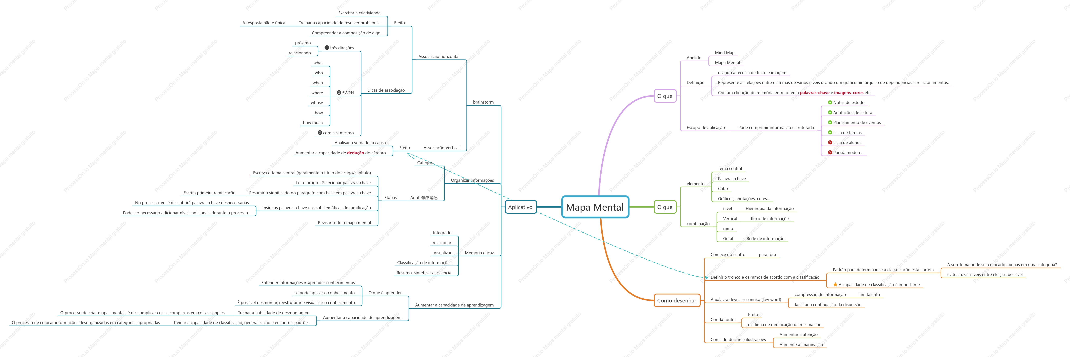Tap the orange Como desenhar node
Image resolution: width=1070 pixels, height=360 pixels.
coord(677,300)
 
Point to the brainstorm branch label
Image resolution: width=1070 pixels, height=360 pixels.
coord(483,102)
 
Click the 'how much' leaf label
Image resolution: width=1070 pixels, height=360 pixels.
coord(313,123)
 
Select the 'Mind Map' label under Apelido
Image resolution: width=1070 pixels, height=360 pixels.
coord(724,53)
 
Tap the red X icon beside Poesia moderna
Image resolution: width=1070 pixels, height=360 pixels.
coord(830,152)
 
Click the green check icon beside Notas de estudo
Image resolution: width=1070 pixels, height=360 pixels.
coord(830,102)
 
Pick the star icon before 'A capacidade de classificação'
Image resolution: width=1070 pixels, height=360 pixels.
coord(835,284)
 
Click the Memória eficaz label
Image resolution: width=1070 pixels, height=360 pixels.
coord(479,253)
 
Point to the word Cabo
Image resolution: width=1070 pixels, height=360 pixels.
coord(723,189)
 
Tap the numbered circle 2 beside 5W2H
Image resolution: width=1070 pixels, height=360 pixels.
coord(339,93)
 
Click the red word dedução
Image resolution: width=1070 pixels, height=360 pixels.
coord(356,153)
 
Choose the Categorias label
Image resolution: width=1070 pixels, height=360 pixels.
coord(427,163)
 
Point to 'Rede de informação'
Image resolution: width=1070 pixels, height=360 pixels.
coord(765,239)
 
